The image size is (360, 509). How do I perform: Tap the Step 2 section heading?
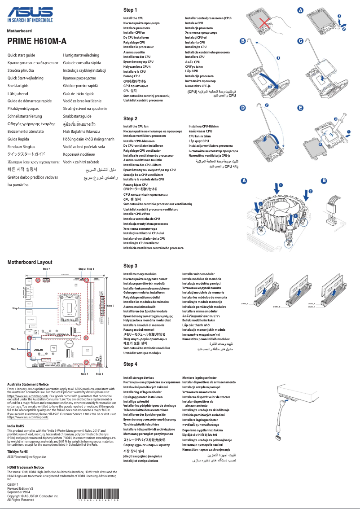pyautogui.click(x=130, y=118)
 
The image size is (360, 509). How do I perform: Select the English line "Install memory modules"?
pyautogui.click(x=140, y=274)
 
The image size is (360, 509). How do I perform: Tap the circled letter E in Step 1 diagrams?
pyautogui.click(x=300, y=108)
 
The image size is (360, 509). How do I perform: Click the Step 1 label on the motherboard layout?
pyautogui.click(x=16, y=308)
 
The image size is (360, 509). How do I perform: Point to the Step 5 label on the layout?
pyautogui.click(x=14, y=349)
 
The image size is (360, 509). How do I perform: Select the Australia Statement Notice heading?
pyautogui.click(x=28, y=384)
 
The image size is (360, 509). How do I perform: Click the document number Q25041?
pyautogui.click(x=13, y=485)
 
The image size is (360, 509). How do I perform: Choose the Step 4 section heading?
pyautogui.click(x=130, y=364)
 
